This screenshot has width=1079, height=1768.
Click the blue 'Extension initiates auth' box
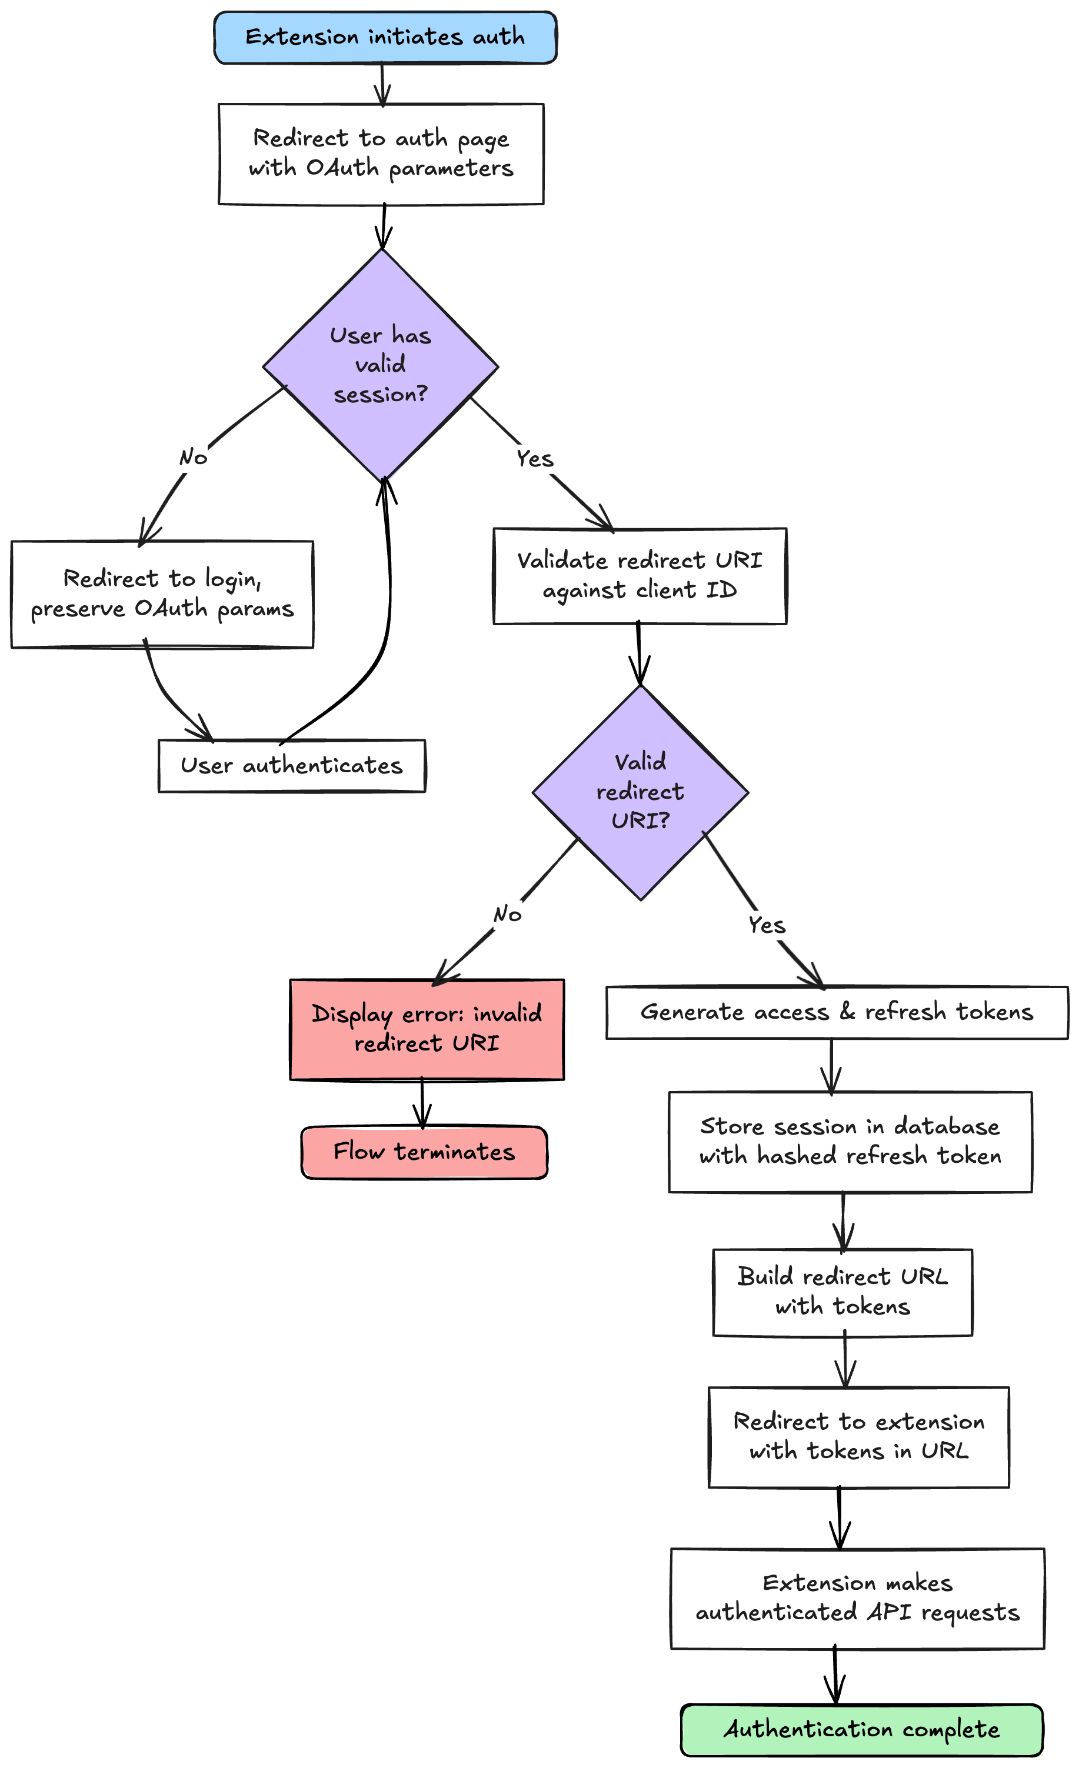(385, 37)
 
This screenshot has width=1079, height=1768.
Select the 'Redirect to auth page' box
(381, 154)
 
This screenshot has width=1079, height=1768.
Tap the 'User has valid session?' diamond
(381, 365)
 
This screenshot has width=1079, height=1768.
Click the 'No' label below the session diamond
(193, 457)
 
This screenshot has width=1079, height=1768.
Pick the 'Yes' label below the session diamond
(535, 459)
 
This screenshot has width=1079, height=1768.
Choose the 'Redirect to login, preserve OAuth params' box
(162, 594)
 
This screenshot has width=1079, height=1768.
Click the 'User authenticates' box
(291, 766)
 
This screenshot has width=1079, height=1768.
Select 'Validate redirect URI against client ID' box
(640, 576)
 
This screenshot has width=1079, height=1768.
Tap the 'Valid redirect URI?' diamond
(640, 792)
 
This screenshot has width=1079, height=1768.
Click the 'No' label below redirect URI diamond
(508, 914)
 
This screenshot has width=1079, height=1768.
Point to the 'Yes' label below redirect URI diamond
(767, 925)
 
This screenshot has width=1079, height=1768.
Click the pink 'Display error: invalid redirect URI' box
(427, 1028)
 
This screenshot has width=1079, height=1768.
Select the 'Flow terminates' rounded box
(424, 1152)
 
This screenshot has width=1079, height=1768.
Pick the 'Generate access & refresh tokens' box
(837, 1012)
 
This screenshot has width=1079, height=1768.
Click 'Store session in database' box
(851, 1142)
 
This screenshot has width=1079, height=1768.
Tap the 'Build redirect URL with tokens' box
(842, 1292)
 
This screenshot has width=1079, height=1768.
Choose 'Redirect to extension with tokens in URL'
(858, 1437)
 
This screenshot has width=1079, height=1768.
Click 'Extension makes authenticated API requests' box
(857, 1599)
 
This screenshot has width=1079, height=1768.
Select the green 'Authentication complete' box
(861, 1730)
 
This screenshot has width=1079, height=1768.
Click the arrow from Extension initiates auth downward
(382, 85)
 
